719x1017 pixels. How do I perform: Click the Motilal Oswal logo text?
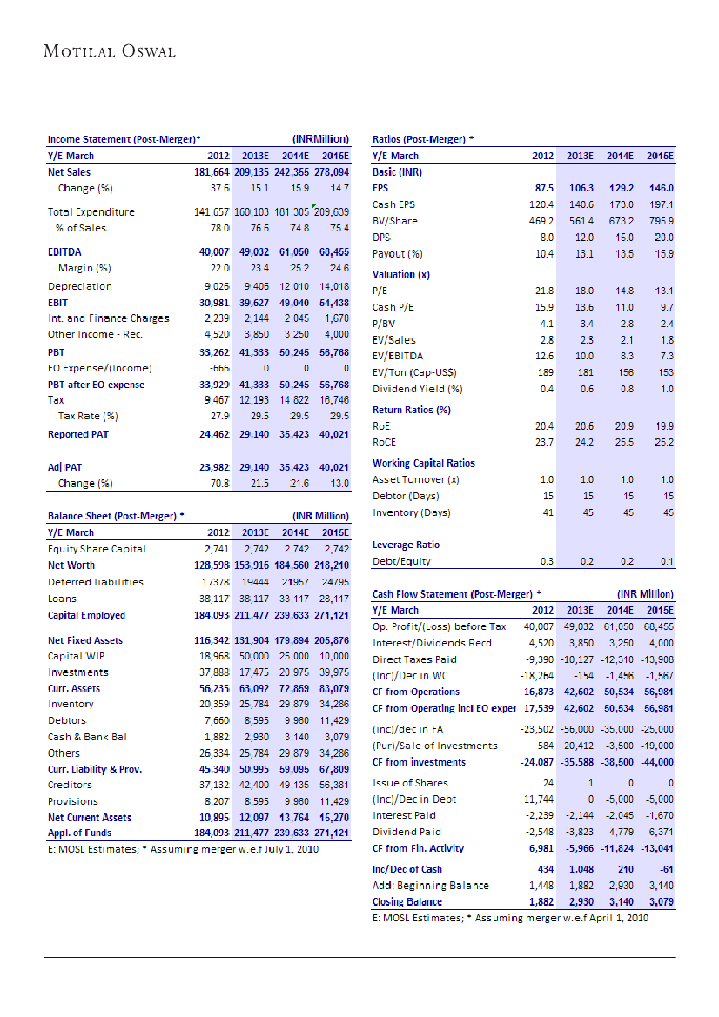pyautogui.click(x=110, y=51)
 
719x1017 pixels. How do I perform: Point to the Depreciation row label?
pyautogui.click(x=80, y=286)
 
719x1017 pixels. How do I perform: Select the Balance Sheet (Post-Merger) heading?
pyautogui.click(x=116, y=516)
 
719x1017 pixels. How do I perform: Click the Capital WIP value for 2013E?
pyautogui.click(x=254, y=656)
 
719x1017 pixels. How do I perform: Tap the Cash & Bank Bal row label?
pyautogui.click(x=87, y=737)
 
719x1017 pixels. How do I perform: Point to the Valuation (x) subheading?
pyautogui.click(x=401, y=274)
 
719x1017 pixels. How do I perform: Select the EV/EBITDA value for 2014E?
pyautogui.click(x=622, y=356)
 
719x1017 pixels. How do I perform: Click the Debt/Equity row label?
pyautogui.click(x=401, y=561)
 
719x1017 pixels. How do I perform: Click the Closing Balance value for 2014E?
pyautogui.click(x=620, y=901)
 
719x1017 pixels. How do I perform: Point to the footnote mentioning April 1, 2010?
pyautogui.click(x=510, y=918)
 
